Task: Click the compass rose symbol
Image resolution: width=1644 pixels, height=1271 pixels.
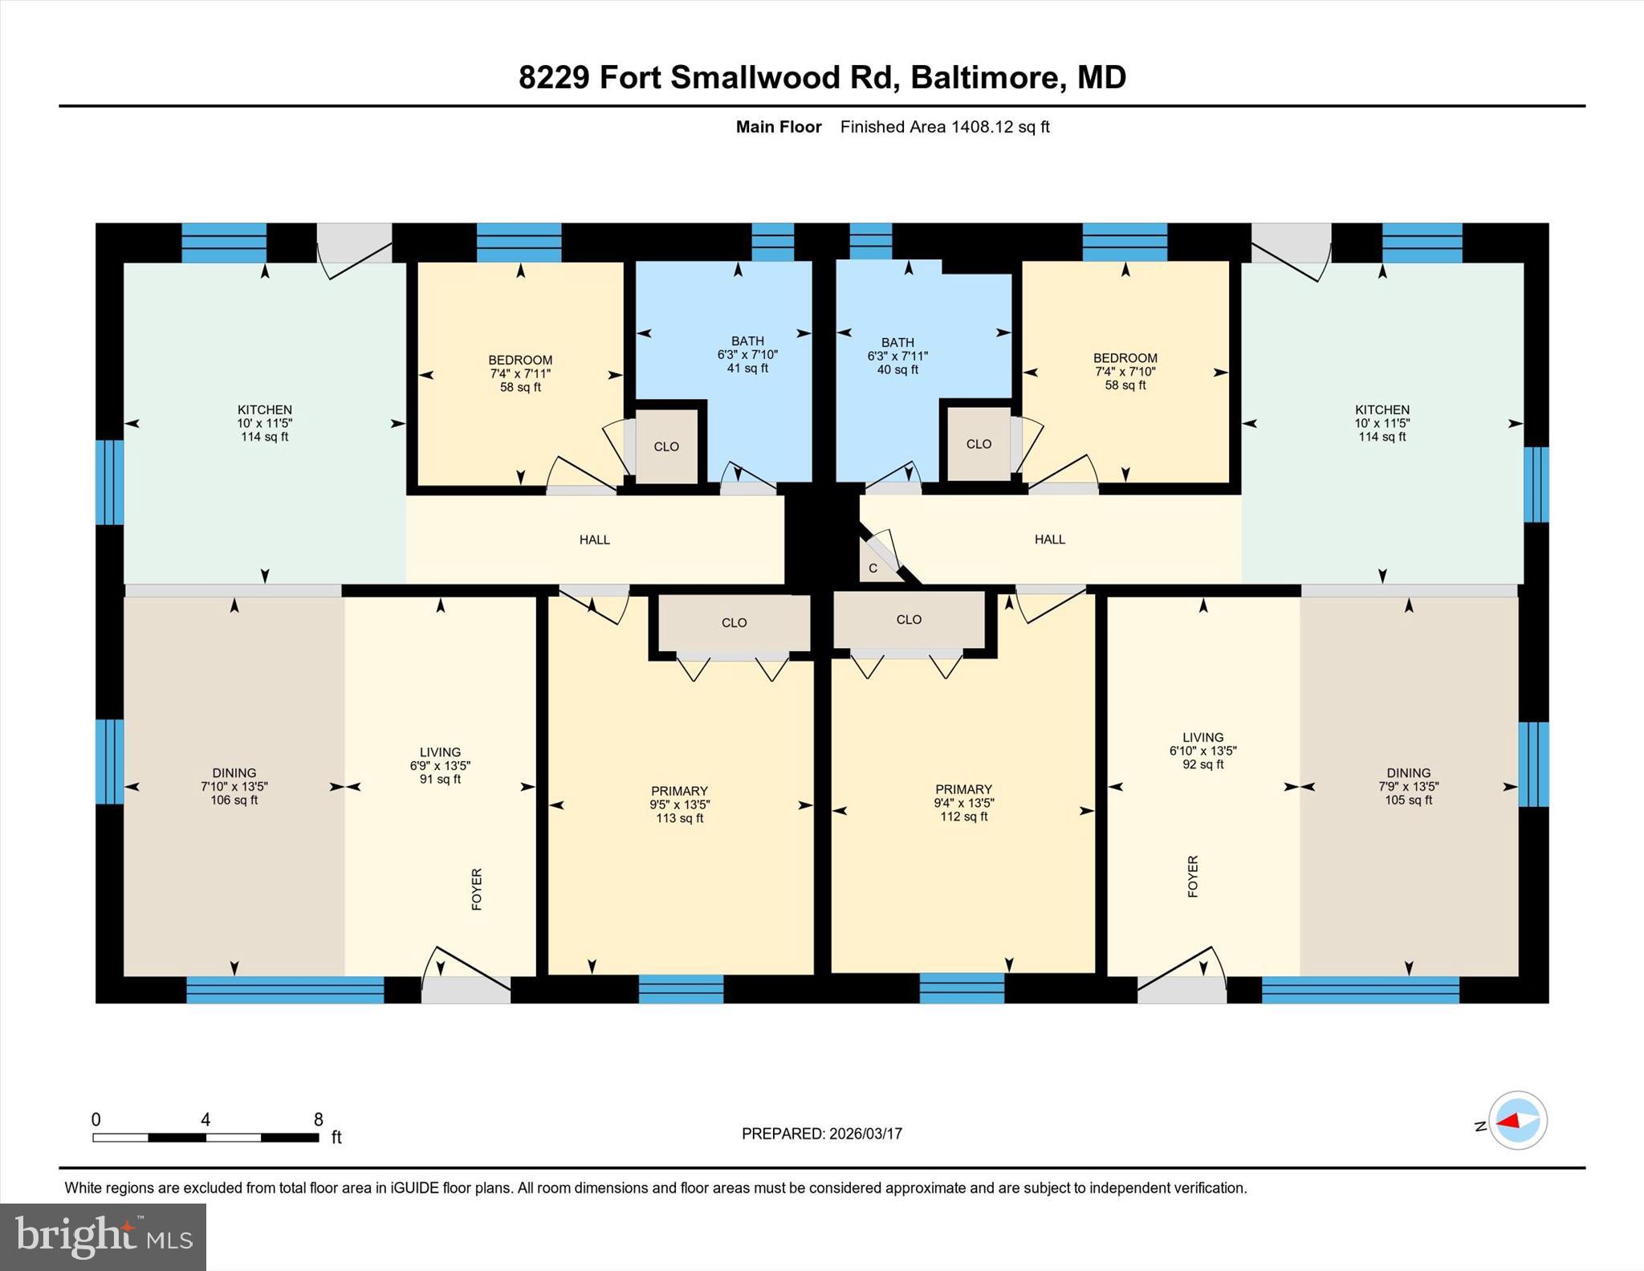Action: pos(1517,1120)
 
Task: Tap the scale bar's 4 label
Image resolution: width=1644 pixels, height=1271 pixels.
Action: pos(205,1119)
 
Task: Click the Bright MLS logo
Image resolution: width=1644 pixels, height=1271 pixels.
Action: pos(103,1236)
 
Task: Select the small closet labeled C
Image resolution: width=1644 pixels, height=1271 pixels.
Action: pos(873,568)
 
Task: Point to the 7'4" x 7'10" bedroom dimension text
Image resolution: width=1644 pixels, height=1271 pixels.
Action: pos(1125,372)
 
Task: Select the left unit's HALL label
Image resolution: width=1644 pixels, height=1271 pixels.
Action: pos(595,540)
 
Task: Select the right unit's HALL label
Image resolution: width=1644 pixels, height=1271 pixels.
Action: pos(1049,540)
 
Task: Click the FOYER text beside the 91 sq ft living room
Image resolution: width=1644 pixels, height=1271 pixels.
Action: pos(477,889)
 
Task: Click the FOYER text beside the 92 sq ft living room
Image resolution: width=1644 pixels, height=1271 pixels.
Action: pos(1193,876)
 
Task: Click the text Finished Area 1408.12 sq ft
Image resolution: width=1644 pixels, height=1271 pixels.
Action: pos(945,127)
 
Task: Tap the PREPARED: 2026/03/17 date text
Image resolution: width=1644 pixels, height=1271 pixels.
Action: pos(821,1134)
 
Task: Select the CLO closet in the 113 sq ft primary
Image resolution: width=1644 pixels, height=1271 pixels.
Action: pos(734,623)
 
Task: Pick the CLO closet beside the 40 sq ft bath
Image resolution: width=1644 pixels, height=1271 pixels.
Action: pos(979,444)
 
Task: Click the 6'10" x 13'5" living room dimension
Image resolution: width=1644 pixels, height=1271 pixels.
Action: pos(1202,751)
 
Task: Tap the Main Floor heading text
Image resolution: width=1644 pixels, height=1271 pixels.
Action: pos(779,127)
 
